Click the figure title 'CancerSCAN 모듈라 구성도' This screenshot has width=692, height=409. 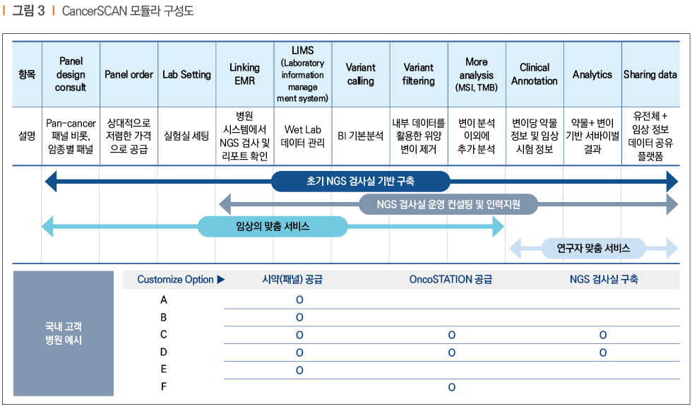[x=128, y=11]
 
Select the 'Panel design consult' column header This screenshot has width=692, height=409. [x=71, y=74]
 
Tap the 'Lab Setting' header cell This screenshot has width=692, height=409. [x=186, y=75]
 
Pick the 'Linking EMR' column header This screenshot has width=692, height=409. [x=244, y=74]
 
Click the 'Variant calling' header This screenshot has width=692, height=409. [x=361, y=74]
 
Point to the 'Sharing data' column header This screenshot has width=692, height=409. [x=650, y=75]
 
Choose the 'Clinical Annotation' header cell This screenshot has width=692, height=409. [x=535, y=74]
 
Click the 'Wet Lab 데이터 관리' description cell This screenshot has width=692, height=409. [x=303, y=136]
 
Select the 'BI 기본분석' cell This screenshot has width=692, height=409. [x=361, y=136]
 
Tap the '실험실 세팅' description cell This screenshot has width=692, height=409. [x=186, y=136]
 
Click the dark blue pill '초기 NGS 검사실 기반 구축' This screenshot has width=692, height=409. [x=361, y=181]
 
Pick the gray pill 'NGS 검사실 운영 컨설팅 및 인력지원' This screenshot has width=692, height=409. [x=448, y=205]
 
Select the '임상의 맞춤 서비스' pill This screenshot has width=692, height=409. [x=273, y=227]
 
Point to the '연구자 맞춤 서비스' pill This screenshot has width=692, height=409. [x=593, y=248]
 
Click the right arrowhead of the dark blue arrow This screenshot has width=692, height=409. [x=672, y=181]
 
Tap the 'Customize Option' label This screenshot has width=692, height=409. [x=175, y=280]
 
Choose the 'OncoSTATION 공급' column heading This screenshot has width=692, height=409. [x=451, y=280]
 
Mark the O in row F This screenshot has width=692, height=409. [x=451, y=387]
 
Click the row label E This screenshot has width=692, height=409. [x=164, y=369]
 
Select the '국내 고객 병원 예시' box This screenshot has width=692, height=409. [x=64, y=333]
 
